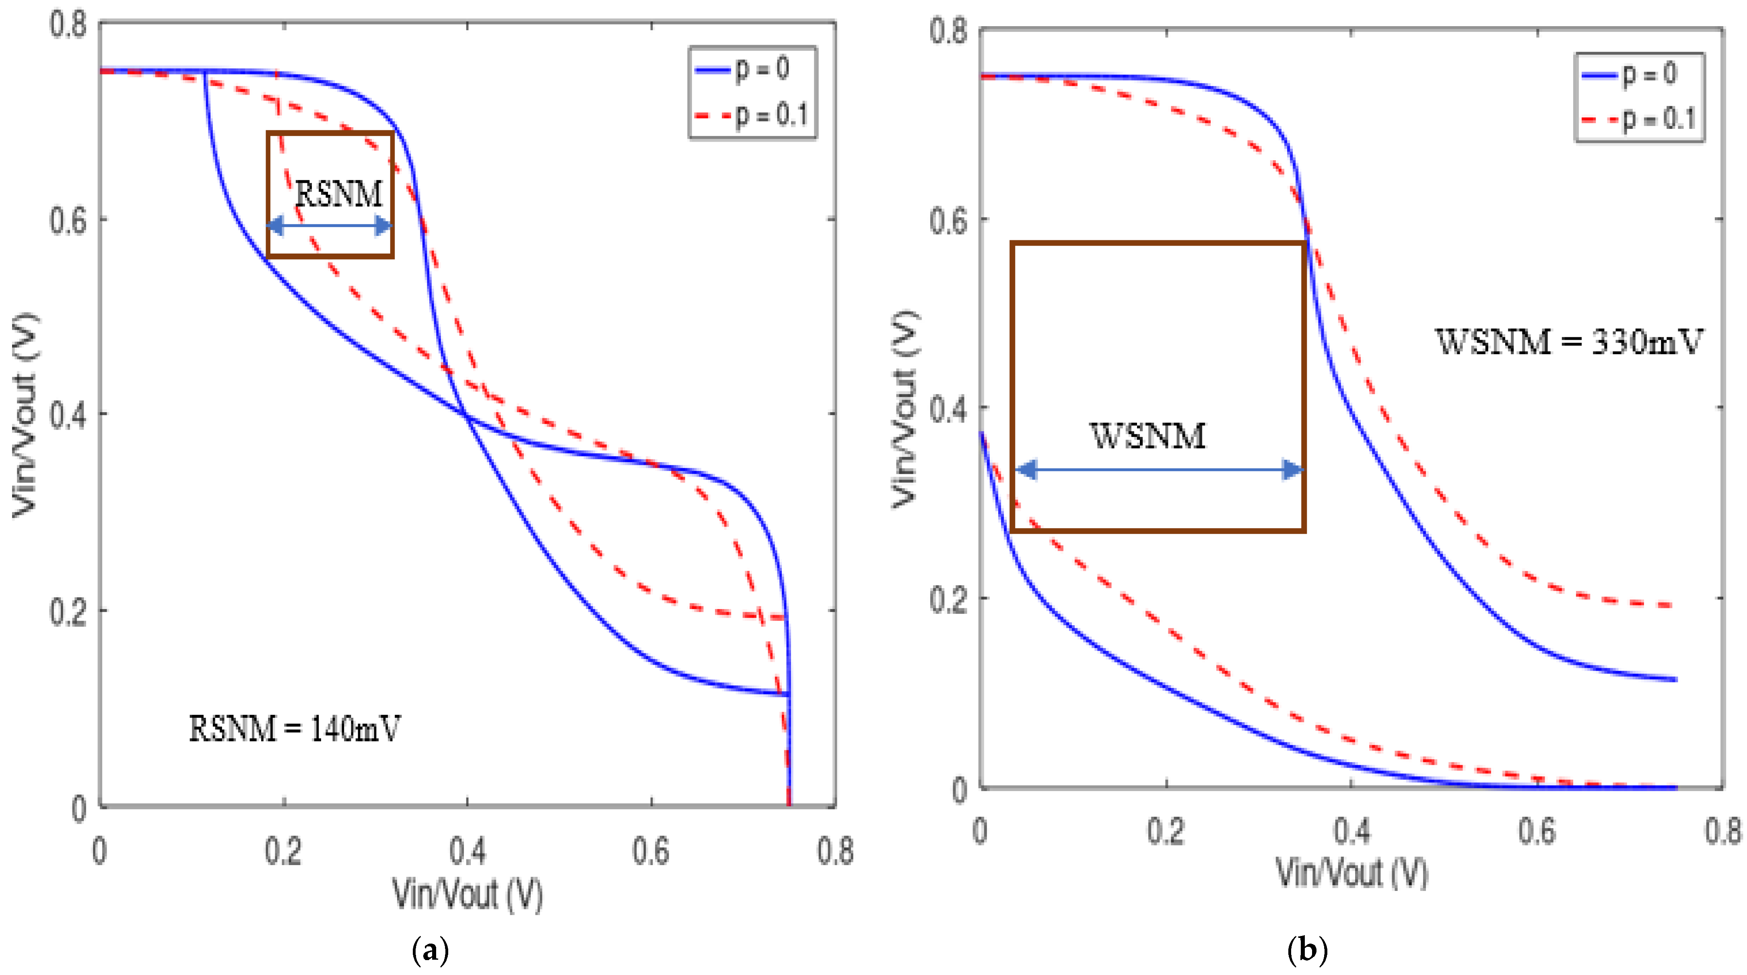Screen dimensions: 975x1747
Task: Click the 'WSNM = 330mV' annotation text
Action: [x=1569, y=341]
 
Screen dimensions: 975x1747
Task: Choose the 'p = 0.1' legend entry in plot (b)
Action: [x=1638, y=120]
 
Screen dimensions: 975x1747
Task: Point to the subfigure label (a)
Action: [x=430, y=950]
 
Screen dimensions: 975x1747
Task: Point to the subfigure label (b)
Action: [x=1307, y=950]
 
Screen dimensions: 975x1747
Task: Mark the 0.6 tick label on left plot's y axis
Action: [x=68, y=221]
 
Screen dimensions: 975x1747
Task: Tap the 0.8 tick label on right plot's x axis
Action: [x=1722, y=832]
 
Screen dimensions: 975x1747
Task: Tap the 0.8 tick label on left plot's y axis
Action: [x=68, y=25]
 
